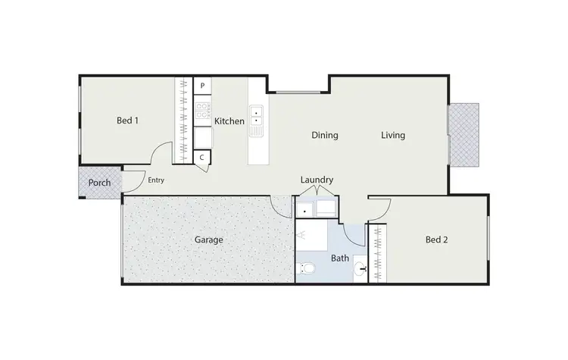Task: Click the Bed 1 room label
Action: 127,121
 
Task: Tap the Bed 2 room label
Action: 437,239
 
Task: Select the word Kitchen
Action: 229,121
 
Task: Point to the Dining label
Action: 324,136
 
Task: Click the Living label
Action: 392,136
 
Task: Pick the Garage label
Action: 209,239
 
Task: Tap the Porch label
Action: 99,183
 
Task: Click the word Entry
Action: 156,180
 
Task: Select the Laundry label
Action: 317,180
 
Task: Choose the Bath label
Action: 340,258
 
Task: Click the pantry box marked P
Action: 203,86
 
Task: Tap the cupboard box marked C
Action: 203,157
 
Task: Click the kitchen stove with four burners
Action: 203,112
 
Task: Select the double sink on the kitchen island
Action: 257,115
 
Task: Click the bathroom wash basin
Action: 361,268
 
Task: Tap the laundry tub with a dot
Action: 305,209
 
